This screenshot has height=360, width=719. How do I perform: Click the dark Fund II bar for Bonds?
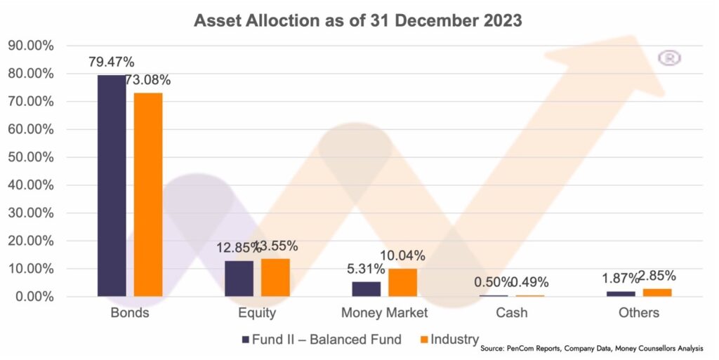point(112,185)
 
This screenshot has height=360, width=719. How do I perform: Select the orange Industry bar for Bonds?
point(148,194)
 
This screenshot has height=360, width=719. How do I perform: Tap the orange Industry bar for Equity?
point(275,277)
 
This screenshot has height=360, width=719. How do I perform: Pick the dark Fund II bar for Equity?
point(239,279)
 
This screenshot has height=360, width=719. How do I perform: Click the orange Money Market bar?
point(402,282)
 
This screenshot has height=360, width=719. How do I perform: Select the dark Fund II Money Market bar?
point(366,288)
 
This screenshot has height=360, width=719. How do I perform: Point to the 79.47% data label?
point(112,61)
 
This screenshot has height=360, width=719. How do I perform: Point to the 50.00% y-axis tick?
point(30,157)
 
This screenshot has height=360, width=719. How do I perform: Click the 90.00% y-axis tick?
point(30,46)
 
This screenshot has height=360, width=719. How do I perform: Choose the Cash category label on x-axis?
point(511,313)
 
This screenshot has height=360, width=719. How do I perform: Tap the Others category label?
point(639,313)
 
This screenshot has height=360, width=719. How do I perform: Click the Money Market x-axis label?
point(384,313)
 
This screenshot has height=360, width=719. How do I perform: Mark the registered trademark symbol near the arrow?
point(669,58)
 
